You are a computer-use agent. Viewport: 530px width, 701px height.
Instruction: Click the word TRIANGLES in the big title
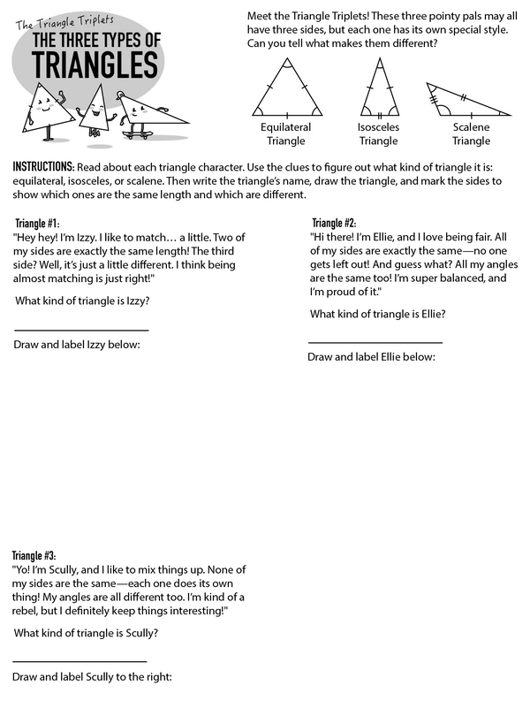click(x=95, y=65)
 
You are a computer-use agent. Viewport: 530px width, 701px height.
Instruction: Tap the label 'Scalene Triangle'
click(x=471, y=133)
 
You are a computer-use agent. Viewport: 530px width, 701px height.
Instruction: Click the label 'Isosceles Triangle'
click(x=378, y=133)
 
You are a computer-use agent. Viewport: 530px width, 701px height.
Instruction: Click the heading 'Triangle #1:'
click(x=38, y=223)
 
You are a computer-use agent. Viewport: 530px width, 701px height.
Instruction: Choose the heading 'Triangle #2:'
click(x=335, y=223)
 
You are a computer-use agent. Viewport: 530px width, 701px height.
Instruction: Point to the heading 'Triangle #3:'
click(x=34, y=556)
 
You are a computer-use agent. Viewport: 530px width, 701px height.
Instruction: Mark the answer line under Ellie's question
click(x=375, y=342)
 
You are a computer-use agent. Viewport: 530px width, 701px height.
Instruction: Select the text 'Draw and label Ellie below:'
click(x=371, y=356)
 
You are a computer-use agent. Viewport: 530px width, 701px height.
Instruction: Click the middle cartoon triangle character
click(x=97, y=108)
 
